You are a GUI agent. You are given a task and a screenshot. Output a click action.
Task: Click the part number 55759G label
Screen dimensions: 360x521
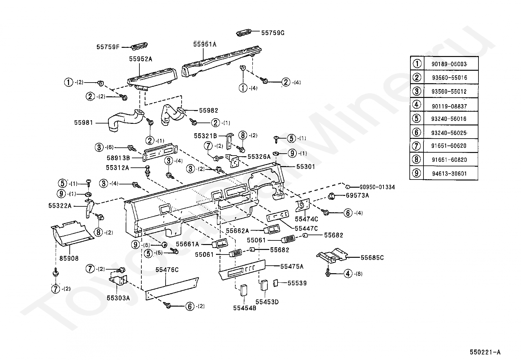tap(273, 33)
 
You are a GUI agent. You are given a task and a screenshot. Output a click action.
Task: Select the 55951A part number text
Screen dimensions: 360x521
tap(205, 44)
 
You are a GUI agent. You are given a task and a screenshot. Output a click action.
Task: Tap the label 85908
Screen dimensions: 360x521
tap(69, 258)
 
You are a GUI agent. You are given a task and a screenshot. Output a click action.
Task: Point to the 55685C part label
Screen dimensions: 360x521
tap(372, 257)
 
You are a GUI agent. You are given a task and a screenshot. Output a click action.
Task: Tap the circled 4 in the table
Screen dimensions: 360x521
tap(416, 105)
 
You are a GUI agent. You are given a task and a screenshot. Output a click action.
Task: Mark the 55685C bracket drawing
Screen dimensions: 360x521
tap(332, 256)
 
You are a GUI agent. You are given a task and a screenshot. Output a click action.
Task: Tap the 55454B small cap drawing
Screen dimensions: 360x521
tap(244, 290)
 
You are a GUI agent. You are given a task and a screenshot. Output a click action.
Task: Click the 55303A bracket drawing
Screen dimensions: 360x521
tap(118, 281)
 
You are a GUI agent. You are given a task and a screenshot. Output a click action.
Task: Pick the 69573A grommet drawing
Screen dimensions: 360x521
tap(332, 196)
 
